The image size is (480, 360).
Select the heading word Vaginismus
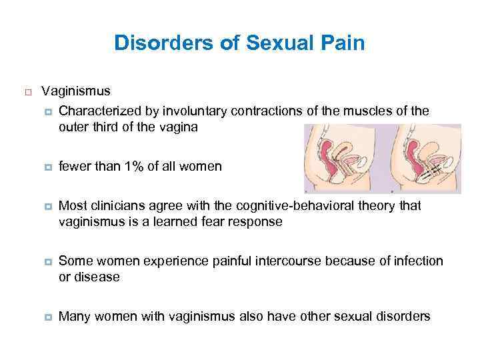tap(76, 91)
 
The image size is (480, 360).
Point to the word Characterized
tap(99, 109)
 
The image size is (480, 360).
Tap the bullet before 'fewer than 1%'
tap(47, 167)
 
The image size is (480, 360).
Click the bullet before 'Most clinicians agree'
tap(47, 205)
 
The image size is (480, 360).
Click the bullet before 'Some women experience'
tap(47, 261)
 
